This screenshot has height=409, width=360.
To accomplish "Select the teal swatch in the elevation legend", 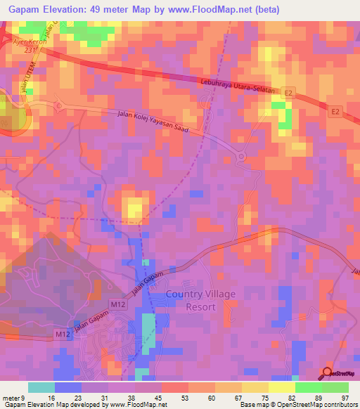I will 41,387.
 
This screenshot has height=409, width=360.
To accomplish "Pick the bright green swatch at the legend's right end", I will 335,387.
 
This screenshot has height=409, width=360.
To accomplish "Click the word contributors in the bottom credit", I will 339,405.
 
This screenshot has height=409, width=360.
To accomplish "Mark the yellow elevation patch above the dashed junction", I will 134,208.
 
